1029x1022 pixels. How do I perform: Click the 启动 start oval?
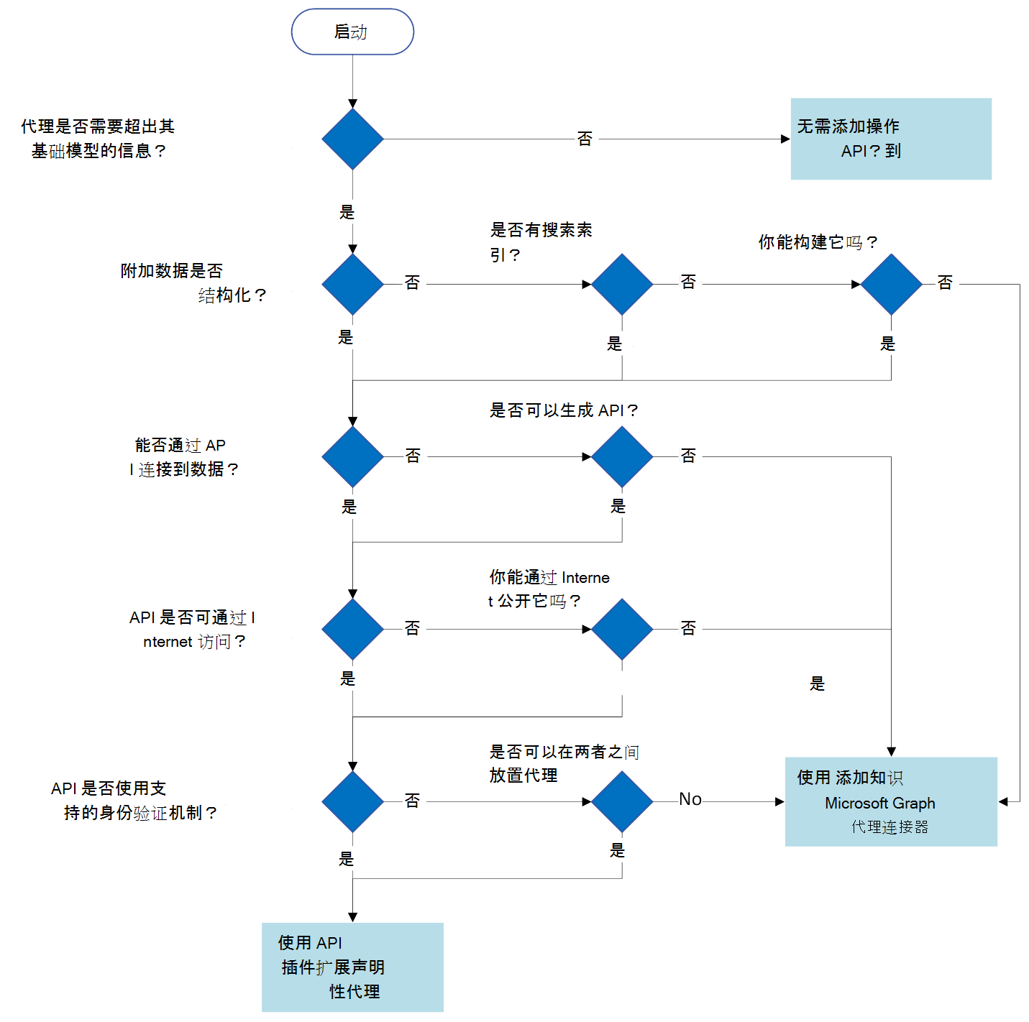point(352,32)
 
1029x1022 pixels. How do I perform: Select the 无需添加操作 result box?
point(890,139)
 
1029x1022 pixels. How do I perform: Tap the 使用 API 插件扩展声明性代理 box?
point(352,967)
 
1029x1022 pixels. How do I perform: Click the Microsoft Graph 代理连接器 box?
point(890,801)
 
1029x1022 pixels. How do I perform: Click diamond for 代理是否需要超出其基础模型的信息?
point(352,139)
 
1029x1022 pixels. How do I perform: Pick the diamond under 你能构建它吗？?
point(891,284)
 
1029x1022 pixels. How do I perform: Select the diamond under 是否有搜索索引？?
point(622,284)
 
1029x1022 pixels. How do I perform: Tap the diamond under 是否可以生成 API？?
point(622,456)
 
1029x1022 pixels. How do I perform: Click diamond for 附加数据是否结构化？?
point(352,284)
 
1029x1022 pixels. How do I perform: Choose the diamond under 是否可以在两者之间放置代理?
point(622,801)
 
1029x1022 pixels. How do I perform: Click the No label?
point(690,799)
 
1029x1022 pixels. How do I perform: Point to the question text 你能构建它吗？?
point(818,242)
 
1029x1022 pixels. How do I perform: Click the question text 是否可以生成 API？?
point(563,410)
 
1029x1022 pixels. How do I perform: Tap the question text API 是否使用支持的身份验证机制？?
point(133,801)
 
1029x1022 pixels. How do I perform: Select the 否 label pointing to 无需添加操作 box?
point(585,139)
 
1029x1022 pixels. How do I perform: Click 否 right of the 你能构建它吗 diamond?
point(945,282)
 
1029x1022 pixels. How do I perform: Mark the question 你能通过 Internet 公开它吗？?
point(548,589)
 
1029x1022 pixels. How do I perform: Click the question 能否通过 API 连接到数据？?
point(183,457)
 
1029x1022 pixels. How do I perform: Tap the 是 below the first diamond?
point(347,212)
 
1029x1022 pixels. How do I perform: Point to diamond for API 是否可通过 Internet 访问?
point(352,629)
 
